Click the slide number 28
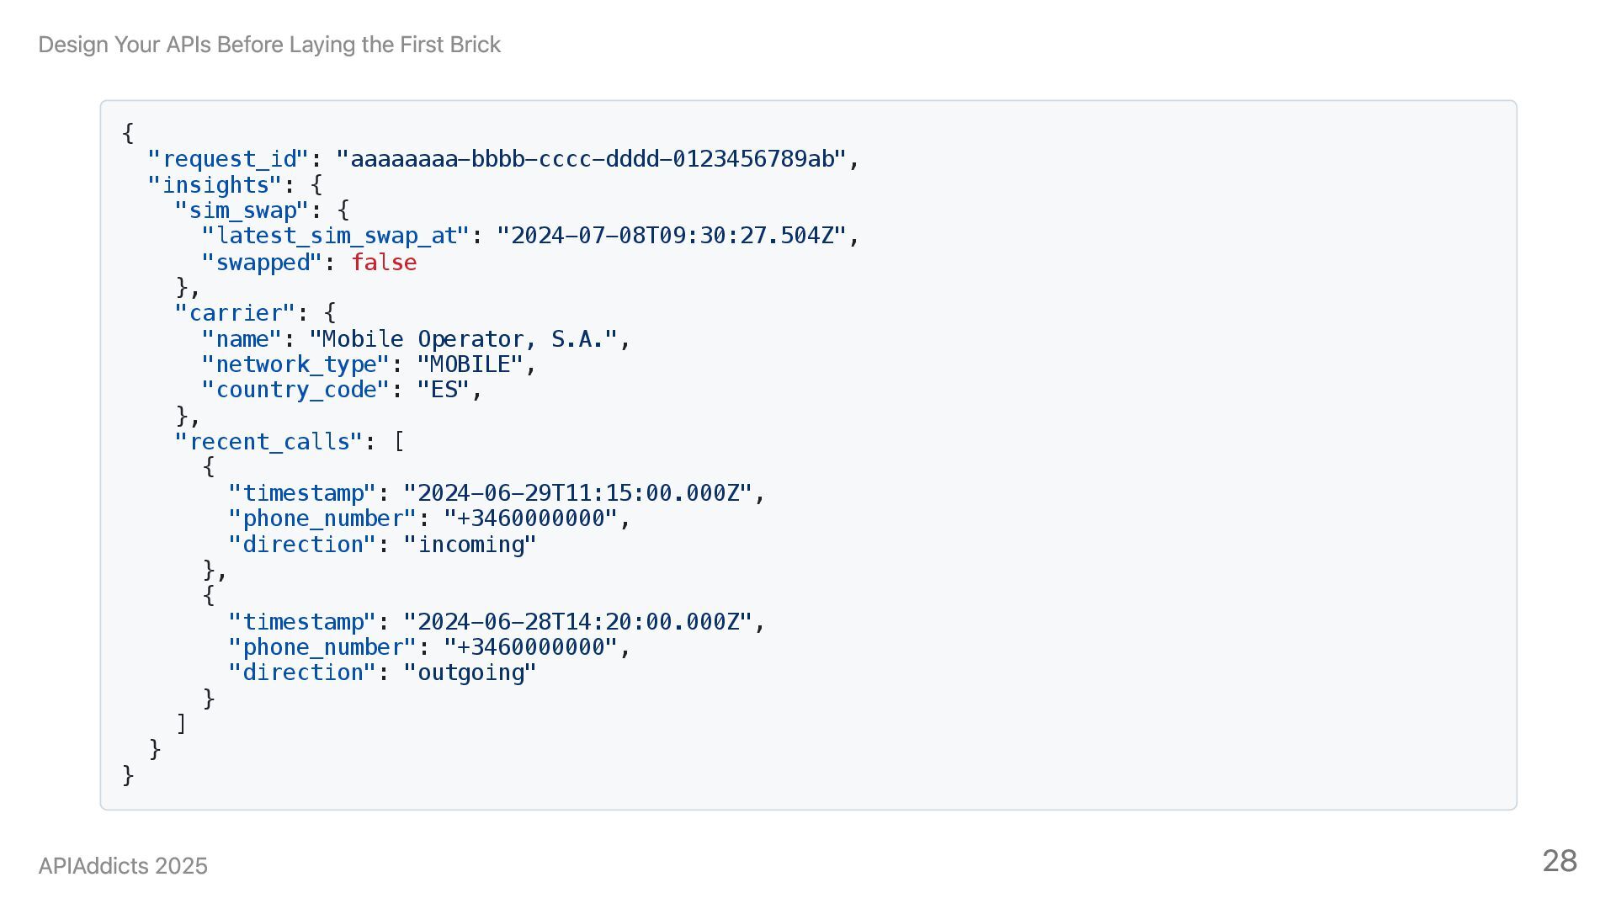1559,861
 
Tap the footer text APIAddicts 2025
123,866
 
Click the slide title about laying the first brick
269,45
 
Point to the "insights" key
215,185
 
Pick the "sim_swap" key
242,210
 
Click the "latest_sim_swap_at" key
336,236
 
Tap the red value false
384,263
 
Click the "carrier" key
236,313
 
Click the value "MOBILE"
470,364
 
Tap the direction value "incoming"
470,545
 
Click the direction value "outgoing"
470,672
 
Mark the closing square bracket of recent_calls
181,724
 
